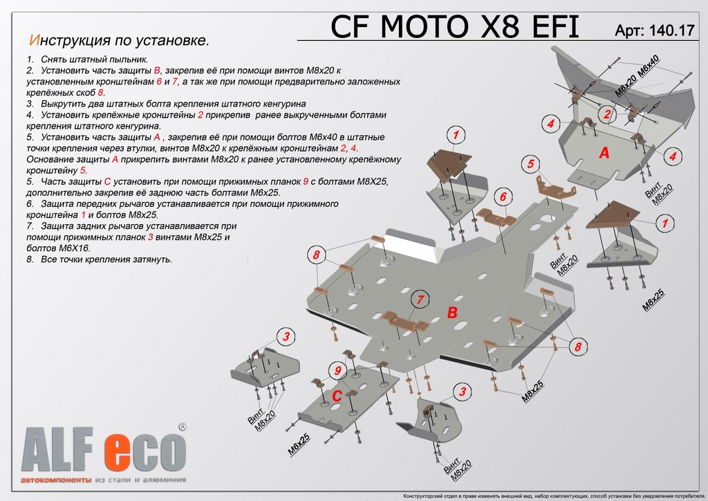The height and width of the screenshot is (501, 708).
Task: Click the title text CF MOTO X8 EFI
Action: tap(455, 26)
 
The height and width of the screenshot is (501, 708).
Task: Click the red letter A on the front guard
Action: tap(604, 153)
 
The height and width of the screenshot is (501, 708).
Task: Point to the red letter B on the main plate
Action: tap(452, 313)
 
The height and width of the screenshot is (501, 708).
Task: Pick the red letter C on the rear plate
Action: tap(337, 397)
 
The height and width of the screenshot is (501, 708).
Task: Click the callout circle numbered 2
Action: tap(606, 115)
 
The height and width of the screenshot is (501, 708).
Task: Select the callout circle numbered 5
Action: tap(530, 164)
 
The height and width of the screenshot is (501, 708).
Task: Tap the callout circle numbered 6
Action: tap(503, 197)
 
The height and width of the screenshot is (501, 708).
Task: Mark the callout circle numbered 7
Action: tap(418, 300)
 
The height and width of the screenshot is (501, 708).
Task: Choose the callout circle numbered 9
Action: tap(337, 372)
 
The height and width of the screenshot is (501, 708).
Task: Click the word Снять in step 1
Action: tap(54, 60)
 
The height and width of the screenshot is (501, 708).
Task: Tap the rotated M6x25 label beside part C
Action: tap(299, 444)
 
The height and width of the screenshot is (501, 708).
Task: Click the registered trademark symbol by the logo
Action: tap(182, 428)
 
